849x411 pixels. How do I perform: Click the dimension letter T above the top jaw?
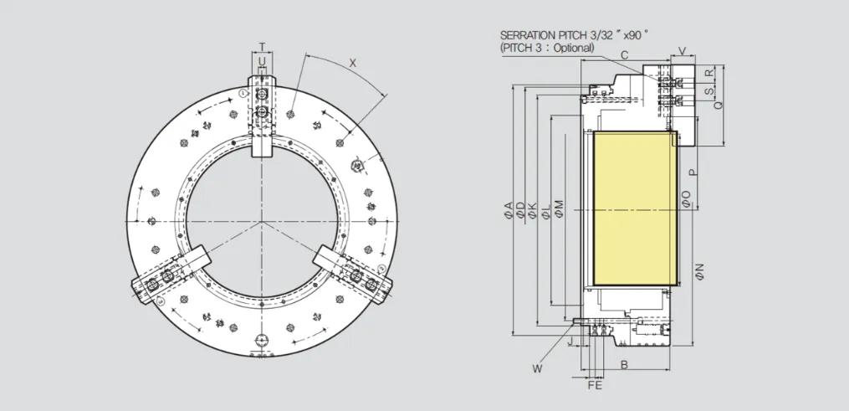coord(262,47)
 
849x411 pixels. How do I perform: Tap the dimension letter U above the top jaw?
coord(262,62)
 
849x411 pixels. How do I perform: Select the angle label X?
coord(353,63)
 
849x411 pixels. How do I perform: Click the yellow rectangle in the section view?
coord(635,208)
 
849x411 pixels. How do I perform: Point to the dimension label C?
coord(624,54)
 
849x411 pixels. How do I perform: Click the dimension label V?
coord(683,51)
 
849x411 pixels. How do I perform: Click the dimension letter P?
coord(693,172)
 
